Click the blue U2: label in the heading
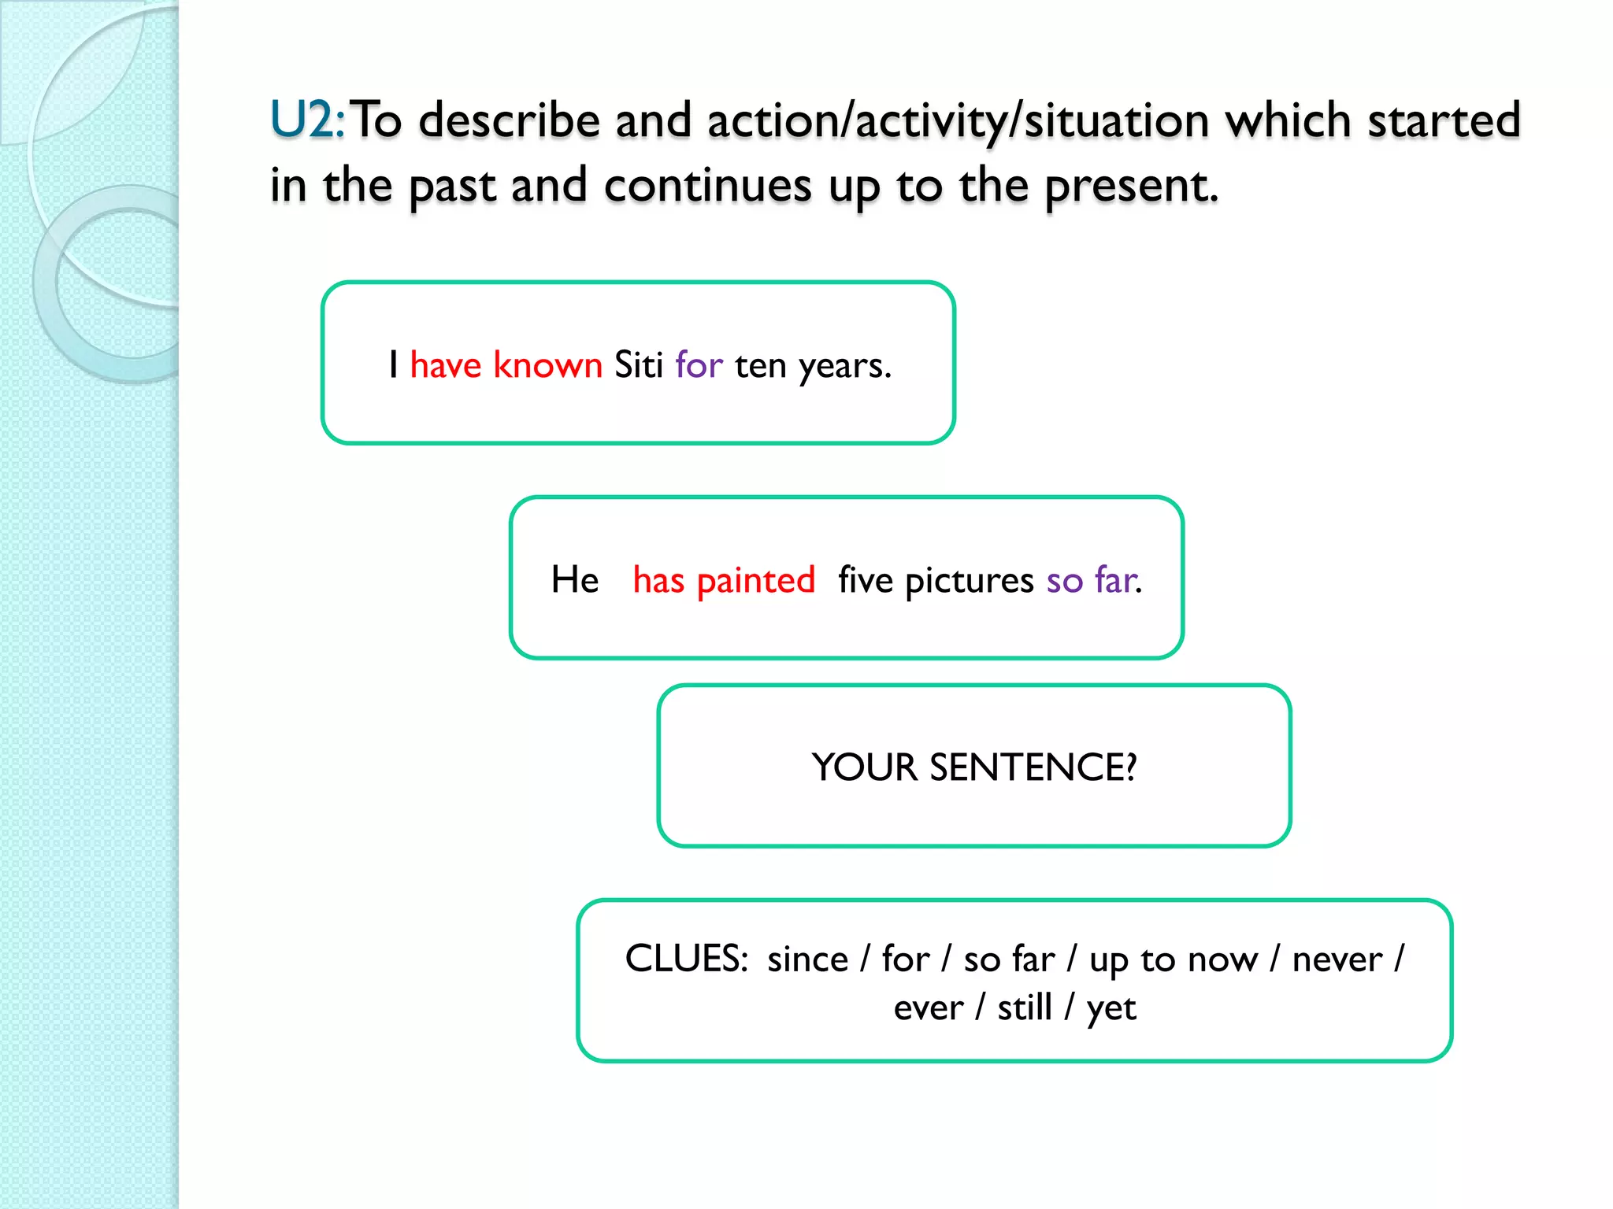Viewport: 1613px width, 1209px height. pyautogui.click(x=307, y=120)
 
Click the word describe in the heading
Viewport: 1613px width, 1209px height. pyautogui.click(x=510, y=120)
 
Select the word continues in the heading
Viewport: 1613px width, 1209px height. pyautogui.click(x=707, y=186)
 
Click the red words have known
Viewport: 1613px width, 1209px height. pyautogui.click(x=506, y=365)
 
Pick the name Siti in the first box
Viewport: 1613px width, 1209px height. pyautogui.click(x=638, y=365)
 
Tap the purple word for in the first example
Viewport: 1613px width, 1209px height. pyautogui.click(x=699, y=365)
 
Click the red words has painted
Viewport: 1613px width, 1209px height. pyautogui.click(x=724, y=580)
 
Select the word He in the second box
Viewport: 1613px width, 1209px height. pyautogui.click(x=575, y=580)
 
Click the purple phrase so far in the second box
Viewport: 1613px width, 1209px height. pyautogui.click(x=1093, y=580)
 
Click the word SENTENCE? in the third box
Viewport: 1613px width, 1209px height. pyautogui.click(x=1033, y=767)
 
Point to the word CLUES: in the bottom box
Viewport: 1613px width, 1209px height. pyautogui.click(x=686, y=959)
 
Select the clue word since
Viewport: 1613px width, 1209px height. pyautogui.click(x=807, y=959)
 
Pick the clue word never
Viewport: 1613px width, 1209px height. pyautogui.click(x=1337, y=959)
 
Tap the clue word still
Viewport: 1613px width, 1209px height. pyautogui.click(x=1025, y=1007)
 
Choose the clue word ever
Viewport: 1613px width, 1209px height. pyautogui.click(x=928, y=1008)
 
